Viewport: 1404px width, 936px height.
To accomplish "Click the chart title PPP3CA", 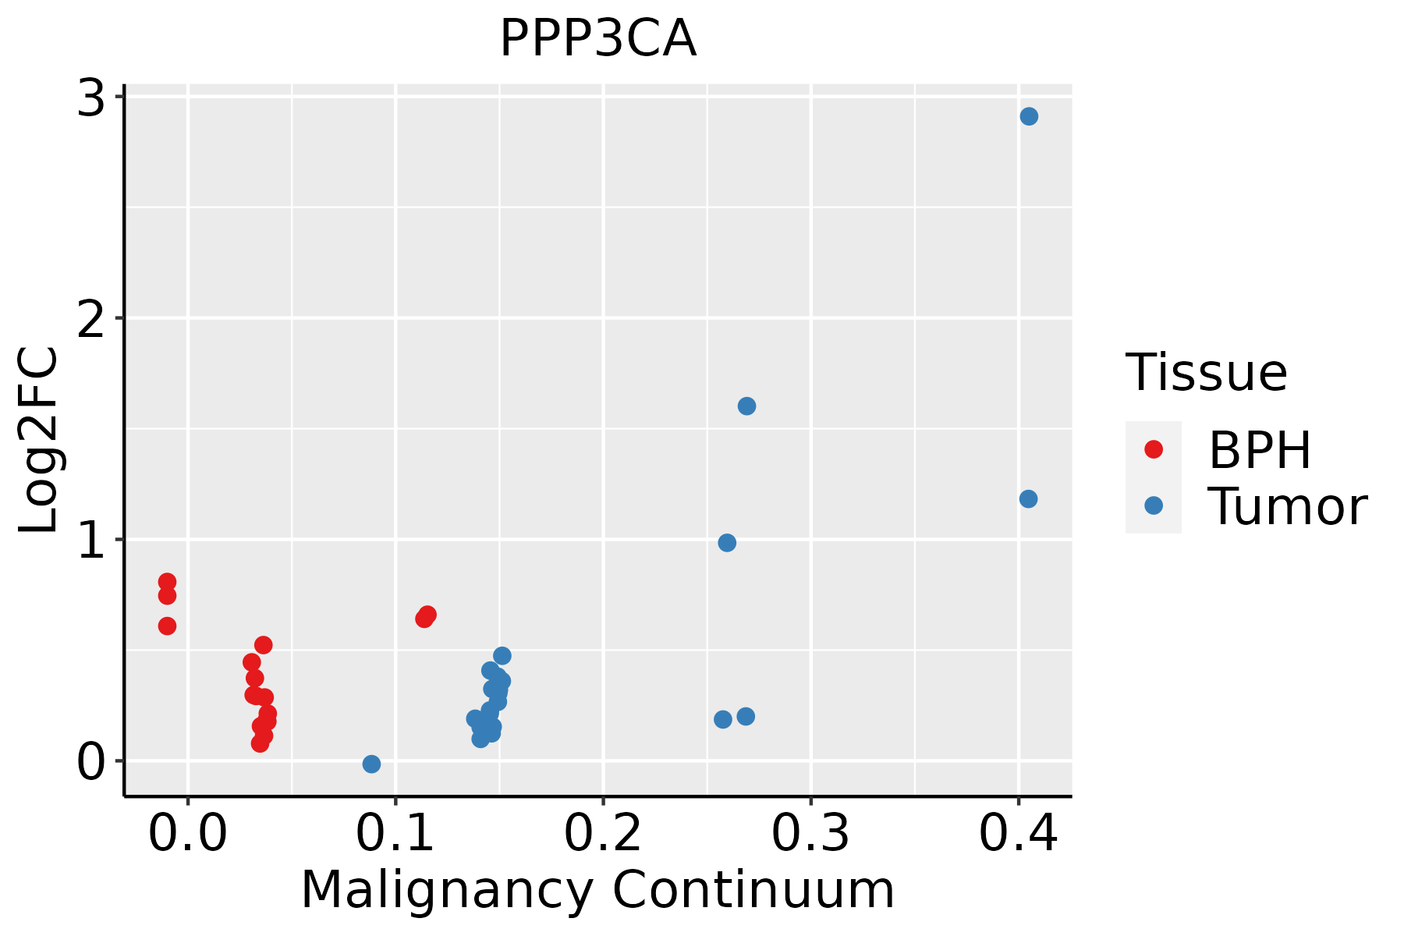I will click(x=597, y=39).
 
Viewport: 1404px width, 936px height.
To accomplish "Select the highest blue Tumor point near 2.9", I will click(x=1029, y=116).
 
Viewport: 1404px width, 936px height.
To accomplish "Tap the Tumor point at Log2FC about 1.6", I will click(x=746, y=406).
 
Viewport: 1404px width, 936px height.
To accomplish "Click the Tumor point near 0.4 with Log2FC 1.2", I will click(x=1028, y=498).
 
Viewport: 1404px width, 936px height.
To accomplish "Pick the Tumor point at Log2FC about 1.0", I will click(x=727, y=542).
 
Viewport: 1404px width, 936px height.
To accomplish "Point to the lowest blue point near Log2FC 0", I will click(x=371, y=764).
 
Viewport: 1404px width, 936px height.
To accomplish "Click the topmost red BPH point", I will click(x=167, y=582).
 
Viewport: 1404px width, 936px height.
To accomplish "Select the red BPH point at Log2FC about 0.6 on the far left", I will click(x=167, y=626).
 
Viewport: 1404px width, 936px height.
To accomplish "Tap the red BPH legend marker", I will click(x=1153, y=449).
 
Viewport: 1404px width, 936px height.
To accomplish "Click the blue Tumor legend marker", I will click(x=1153, y=505).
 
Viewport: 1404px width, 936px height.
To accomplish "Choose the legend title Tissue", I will click(x=1206, y=373).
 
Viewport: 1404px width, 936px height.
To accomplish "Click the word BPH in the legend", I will click(x=1259, y=450).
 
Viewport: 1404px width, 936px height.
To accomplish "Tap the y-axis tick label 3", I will click(x=91, y=100).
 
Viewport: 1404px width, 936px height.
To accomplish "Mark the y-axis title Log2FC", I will click(x=39, y=441).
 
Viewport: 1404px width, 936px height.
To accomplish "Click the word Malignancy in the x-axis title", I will click(x=446, y=890).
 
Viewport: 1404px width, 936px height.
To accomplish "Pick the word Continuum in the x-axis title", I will click(x=753, y=890).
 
